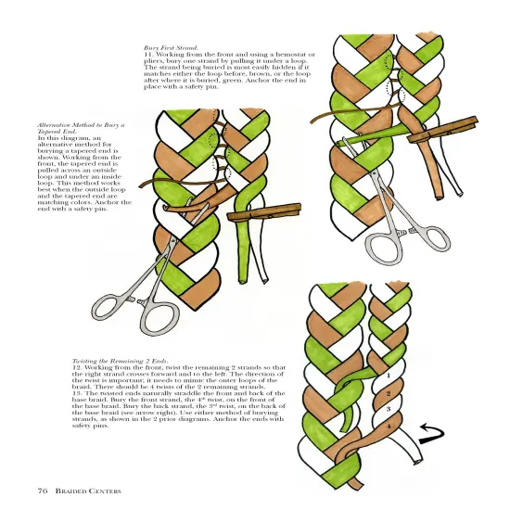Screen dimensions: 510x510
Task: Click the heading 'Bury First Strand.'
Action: (171, 46)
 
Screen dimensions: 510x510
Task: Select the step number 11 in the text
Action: (147, 55)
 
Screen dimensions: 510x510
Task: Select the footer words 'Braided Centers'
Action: (88, 490)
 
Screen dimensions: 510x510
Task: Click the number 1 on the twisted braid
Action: (387, 376)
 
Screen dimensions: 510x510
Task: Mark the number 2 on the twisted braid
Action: (388, 394)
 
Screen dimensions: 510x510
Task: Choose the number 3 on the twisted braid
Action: (388, 409)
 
